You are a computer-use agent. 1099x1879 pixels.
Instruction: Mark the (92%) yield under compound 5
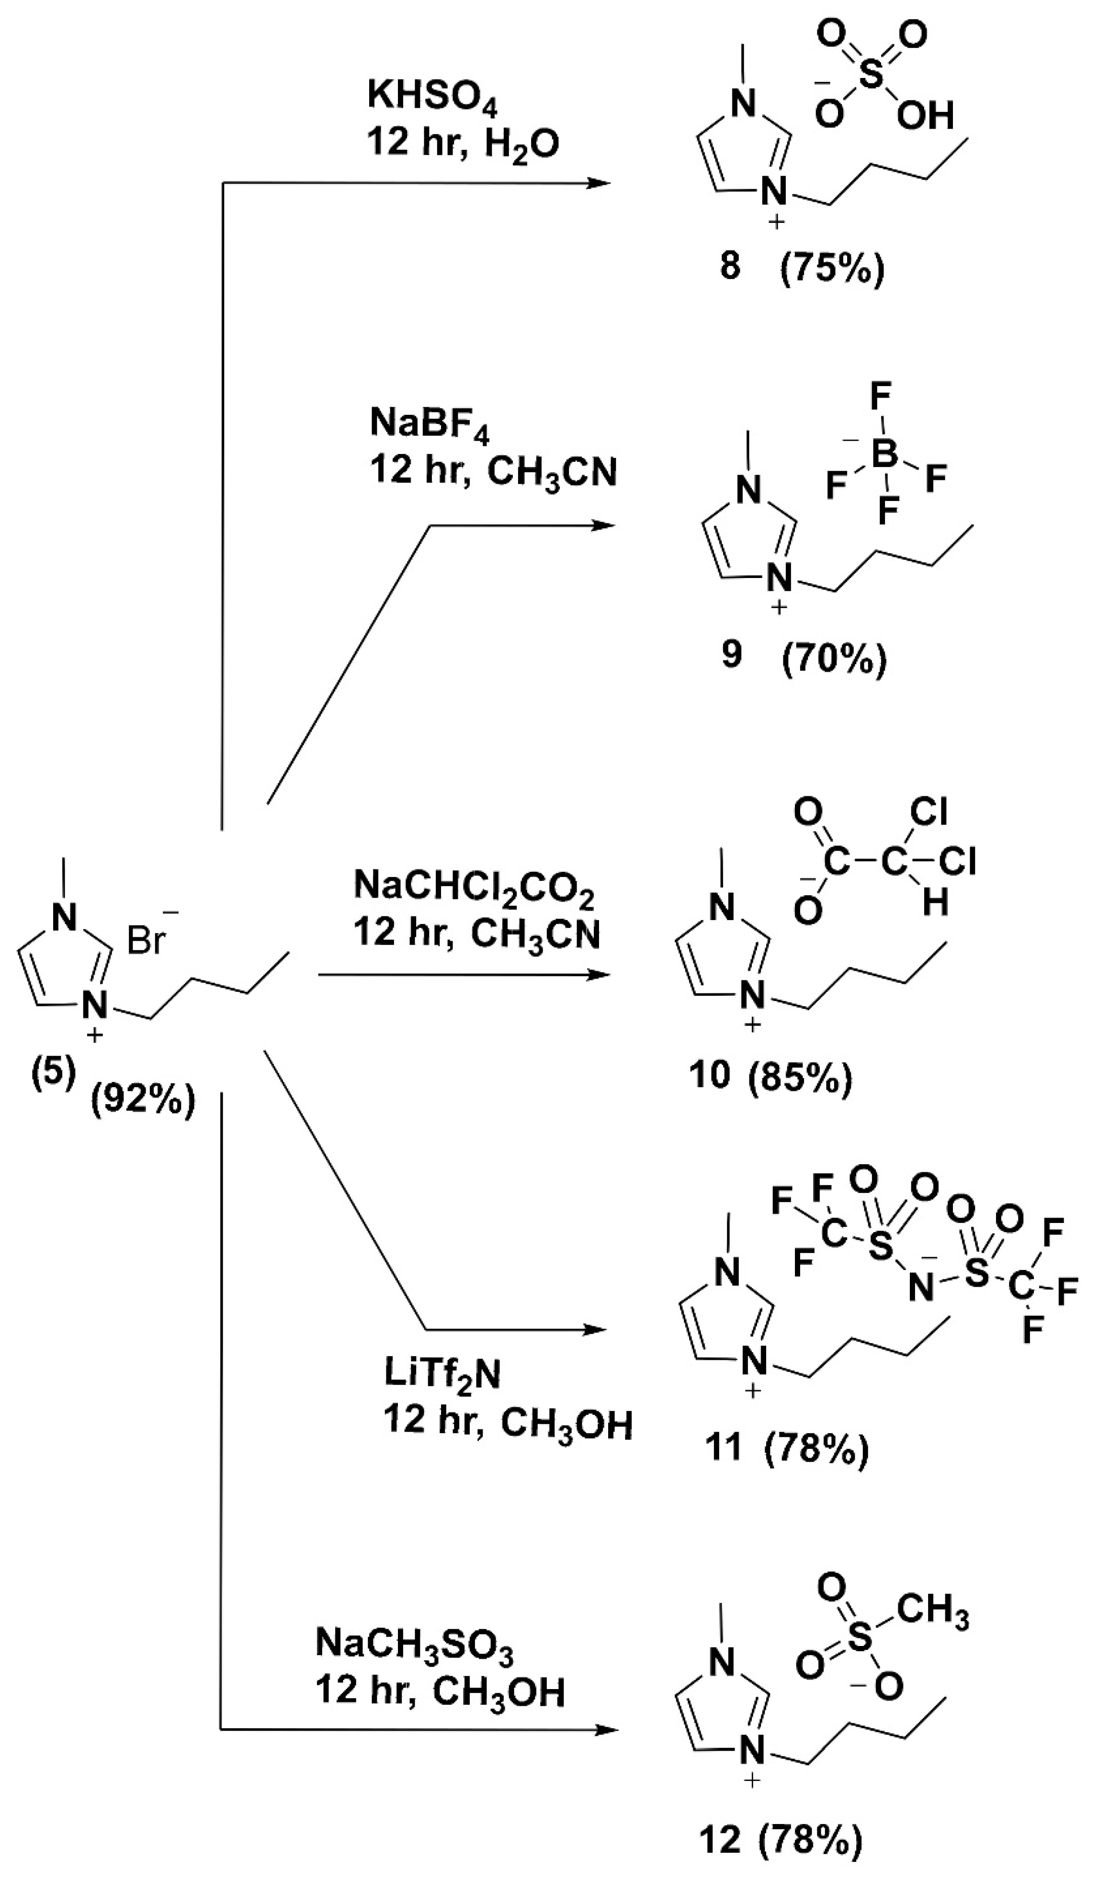pos(143,1100)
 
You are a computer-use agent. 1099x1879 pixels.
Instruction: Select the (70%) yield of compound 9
pos(834,659)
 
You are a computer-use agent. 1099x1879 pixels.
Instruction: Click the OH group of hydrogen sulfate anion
pos(925,116)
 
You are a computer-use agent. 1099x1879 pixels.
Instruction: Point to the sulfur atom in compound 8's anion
pos(870,75)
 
